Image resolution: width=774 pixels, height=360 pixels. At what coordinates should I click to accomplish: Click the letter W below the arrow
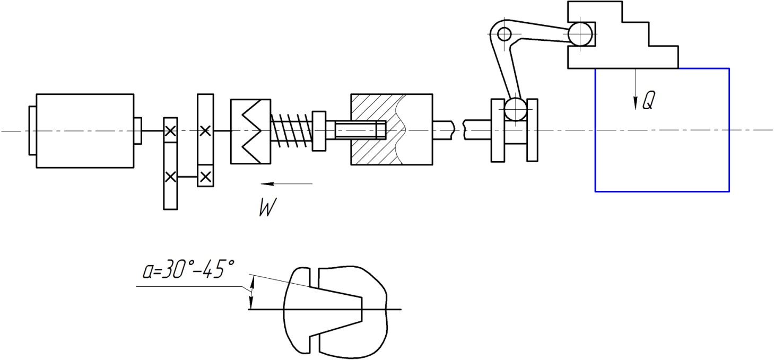[268, 208]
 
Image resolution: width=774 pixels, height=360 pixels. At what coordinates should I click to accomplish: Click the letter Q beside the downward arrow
[648, 101]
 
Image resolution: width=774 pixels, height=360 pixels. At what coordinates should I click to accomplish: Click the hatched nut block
[392, 129]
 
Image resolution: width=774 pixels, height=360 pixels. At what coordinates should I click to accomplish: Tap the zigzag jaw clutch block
[250, 131]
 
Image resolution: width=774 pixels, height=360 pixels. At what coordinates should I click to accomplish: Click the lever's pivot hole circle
[505, 34]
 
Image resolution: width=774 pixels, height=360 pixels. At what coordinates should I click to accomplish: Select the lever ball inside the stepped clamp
[581, 34]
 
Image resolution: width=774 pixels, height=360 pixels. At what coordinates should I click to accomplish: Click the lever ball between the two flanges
[516, 109]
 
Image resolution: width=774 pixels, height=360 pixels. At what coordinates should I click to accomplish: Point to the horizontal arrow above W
[286, 184]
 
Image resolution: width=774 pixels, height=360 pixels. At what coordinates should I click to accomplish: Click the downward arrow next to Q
[635, 89]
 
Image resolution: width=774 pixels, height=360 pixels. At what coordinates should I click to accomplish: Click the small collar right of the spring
[319, 130]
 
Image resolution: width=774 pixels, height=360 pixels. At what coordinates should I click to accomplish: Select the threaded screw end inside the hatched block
[360, 130]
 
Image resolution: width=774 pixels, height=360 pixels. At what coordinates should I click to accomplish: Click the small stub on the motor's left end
[32, 130]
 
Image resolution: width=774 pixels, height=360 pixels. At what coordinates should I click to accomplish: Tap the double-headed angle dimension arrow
[252, 292]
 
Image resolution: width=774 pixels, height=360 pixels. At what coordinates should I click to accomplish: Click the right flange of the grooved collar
[532, 130]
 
